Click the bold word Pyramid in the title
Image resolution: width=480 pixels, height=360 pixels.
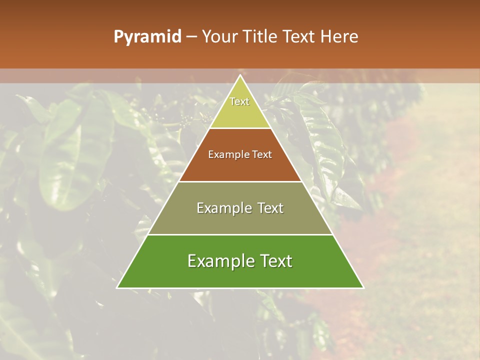147,37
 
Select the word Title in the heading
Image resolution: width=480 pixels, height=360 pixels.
261,37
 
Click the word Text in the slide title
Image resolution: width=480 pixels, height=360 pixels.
298,37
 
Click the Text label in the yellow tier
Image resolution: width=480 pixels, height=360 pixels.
239,101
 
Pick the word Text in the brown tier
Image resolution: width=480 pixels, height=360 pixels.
262,155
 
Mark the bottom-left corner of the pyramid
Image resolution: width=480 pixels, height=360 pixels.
117,287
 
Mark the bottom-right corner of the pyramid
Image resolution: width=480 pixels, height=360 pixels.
363,287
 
